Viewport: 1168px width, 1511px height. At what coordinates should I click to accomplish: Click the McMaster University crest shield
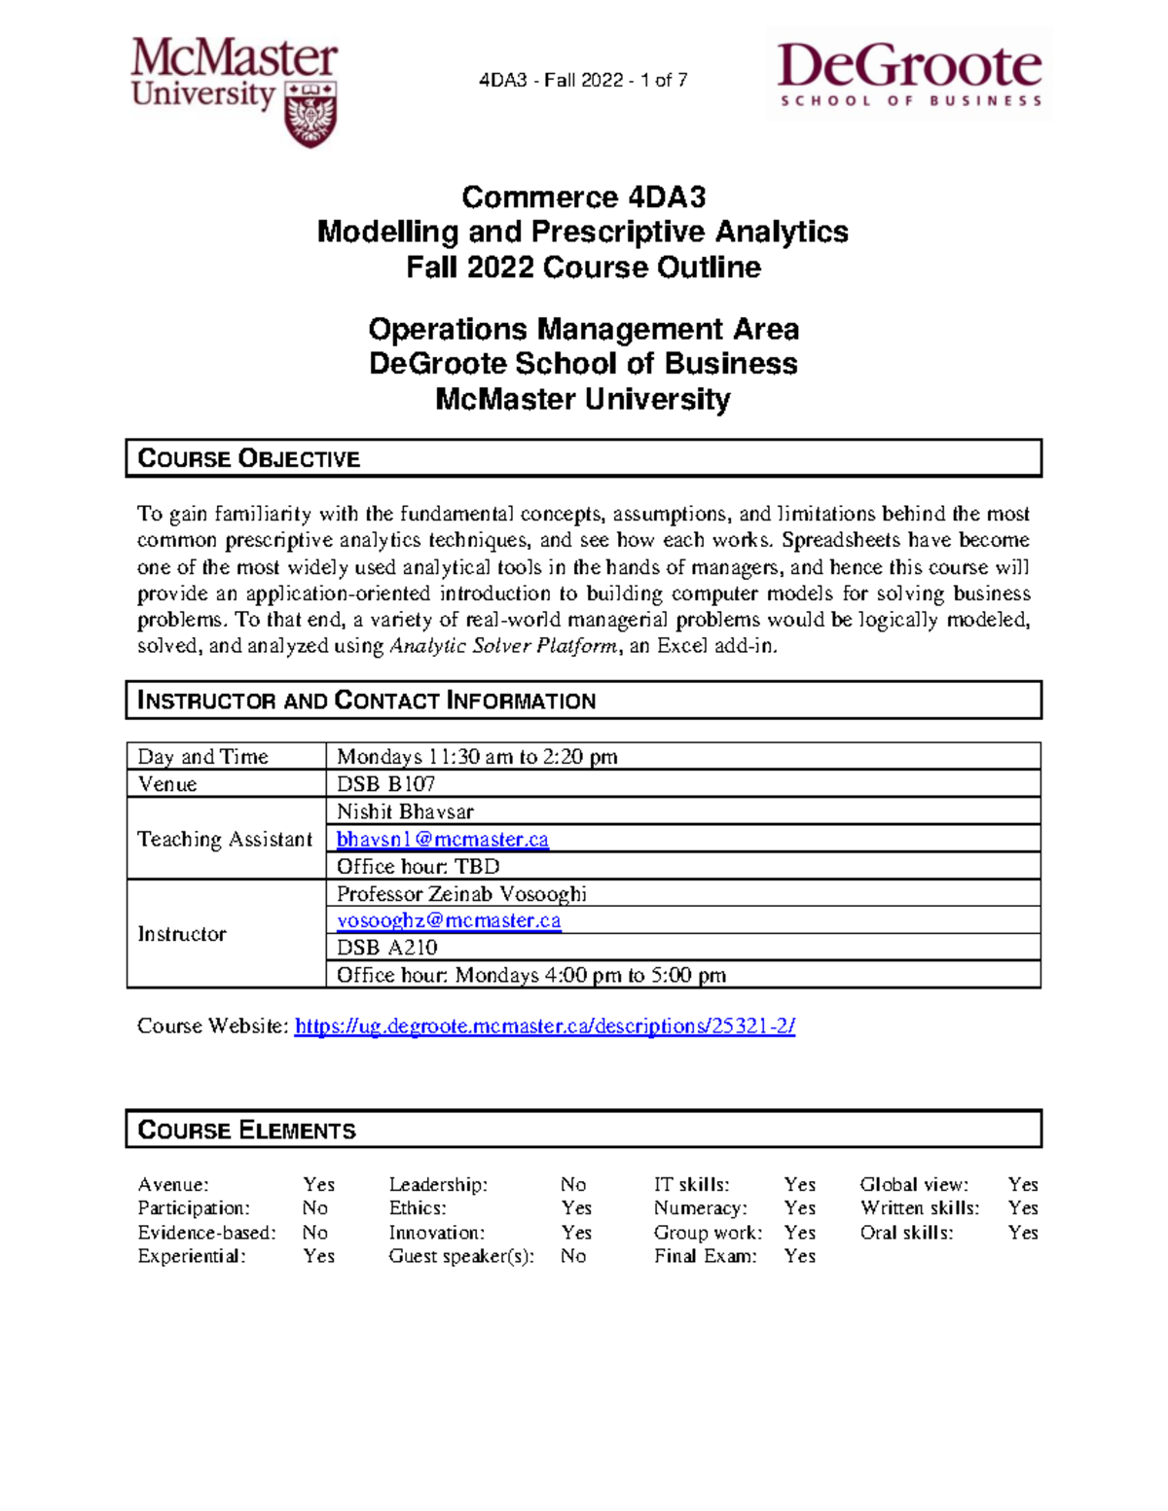310,113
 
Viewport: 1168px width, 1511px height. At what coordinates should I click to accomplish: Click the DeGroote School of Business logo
909,74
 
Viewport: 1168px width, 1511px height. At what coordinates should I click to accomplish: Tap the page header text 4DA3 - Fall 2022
583,81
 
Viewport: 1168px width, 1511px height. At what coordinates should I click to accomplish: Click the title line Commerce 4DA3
583,198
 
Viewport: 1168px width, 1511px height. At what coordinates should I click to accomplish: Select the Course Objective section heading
249,458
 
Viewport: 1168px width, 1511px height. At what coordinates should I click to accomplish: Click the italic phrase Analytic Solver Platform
502,646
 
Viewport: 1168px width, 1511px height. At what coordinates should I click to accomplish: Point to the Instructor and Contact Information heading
366,701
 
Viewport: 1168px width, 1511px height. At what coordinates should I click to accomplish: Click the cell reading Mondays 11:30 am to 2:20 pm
477,757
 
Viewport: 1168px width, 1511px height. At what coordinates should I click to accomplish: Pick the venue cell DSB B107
385,784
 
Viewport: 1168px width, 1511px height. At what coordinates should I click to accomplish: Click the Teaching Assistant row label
225,839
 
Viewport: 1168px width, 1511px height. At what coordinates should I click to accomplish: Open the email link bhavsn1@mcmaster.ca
443,839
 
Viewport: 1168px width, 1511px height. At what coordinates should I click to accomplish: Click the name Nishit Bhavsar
405,811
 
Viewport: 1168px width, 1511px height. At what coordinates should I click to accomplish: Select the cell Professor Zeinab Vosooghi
461,893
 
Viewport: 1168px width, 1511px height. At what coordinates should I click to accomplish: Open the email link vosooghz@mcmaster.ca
449,920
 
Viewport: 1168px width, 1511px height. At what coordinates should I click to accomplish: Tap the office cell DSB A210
386,948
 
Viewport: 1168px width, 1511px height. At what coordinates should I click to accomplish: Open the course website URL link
545,1025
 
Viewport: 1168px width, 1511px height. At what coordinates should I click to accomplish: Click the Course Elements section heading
247,1130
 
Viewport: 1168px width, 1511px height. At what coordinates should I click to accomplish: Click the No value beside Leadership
572,1184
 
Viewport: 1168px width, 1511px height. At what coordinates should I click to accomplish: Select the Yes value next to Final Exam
799,1256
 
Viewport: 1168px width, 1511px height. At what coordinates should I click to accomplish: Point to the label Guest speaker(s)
461,1256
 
